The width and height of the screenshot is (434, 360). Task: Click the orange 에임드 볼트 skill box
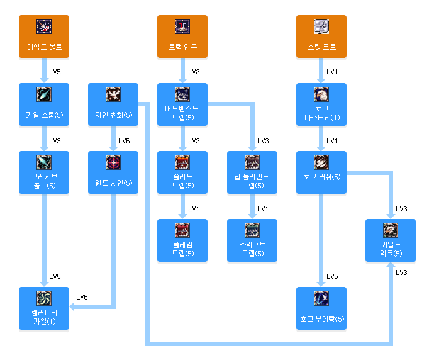click(44, 37)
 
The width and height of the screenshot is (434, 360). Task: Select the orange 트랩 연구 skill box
click(182, 37)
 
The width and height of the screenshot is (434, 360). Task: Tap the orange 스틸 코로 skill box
click(321, 37)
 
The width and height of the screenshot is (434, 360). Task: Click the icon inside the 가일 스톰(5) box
click(44, 94)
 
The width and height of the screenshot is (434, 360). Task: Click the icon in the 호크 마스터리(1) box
click(321, 94)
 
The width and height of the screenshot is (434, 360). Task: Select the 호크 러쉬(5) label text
click(321, 177)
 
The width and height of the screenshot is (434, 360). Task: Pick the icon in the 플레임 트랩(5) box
click(182, 230)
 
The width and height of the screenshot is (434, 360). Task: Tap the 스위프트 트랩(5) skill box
click(252, 241)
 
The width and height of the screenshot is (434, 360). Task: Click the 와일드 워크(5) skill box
click(391, 241)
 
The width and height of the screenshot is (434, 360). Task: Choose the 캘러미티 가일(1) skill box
click(44, 309)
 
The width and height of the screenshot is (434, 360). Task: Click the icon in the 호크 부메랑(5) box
click(321, 298)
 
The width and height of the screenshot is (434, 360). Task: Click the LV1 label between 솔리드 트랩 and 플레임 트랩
click(194, 208)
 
